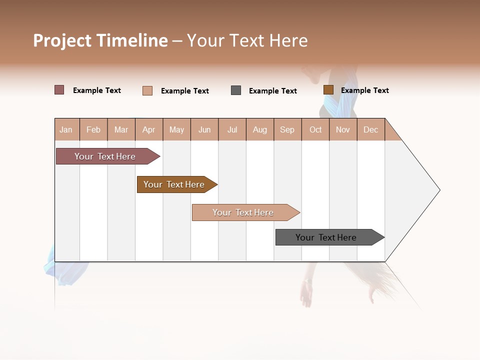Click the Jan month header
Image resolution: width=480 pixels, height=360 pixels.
pos(66,129)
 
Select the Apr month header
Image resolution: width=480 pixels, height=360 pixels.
pos(149,129)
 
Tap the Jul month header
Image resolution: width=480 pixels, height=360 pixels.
pos(232,129)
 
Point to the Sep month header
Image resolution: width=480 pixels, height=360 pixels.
pos(287,129)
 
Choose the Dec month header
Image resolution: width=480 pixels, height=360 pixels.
pos(370,129)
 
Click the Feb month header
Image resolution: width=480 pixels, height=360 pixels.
pos(93,129)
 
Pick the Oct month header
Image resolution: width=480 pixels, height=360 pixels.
pos(315,129)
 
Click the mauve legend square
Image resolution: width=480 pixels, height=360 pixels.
pos(59,90)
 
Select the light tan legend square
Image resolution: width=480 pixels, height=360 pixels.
pos(147,90)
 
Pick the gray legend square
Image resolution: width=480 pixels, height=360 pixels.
pos(236,90)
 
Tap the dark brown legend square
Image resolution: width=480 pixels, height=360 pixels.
pos(328,90)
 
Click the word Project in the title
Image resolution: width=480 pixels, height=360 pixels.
pos(62,40)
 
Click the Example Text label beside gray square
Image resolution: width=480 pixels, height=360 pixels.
pos(272,91)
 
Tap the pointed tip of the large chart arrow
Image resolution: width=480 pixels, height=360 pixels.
pos(438,190)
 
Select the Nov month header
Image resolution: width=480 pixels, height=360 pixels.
pos(343,129)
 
